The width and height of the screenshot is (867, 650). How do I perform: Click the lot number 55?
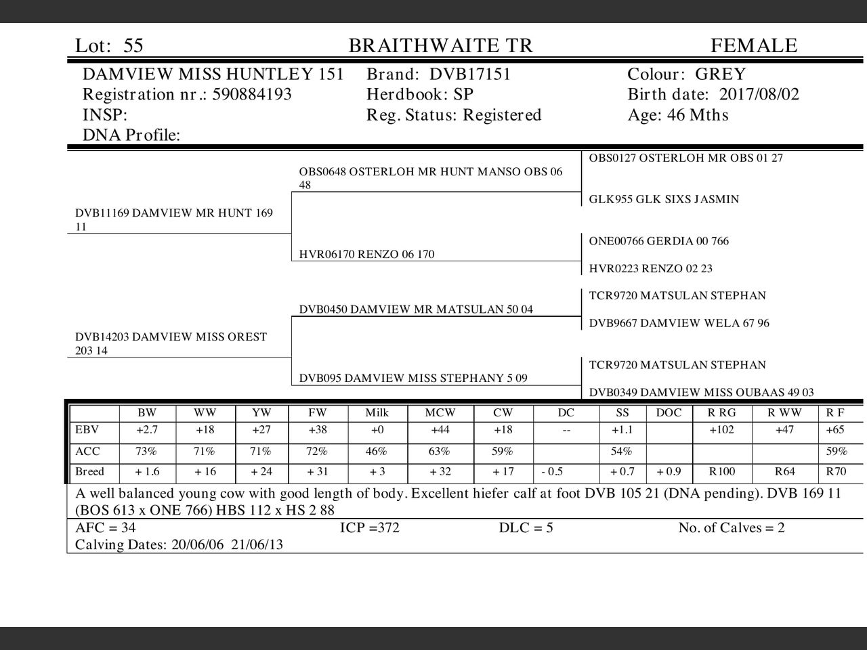133,46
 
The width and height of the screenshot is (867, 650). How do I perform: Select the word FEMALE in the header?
754,46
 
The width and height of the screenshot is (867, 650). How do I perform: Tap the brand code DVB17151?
470,74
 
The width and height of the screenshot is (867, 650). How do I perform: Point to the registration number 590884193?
252,95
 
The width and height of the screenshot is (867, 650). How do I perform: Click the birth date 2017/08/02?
759,95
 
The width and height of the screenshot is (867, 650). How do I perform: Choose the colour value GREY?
720,74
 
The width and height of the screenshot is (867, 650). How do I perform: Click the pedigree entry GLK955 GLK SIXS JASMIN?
664,200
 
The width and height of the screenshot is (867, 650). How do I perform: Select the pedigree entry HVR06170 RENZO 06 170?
366,255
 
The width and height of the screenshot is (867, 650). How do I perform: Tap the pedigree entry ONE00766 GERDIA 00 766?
659,241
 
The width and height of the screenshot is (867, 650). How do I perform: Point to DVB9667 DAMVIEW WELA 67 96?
679,324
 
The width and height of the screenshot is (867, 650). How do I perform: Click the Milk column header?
377,413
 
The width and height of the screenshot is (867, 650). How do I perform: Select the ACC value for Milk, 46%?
377,452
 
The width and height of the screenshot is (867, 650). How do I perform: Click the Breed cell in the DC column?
552,472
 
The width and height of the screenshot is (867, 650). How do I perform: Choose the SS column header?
622,413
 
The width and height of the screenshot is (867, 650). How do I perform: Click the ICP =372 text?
370,528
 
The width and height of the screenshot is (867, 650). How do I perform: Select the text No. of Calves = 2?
732,528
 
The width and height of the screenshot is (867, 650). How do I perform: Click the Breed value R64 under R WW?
784,472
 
